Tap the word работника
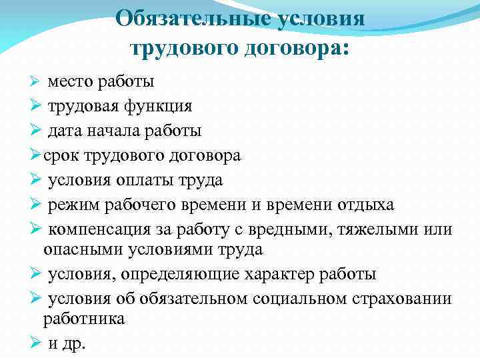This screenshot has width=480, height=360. [83, 319]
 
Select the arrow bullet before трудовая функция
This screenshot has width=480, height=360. [37, 107]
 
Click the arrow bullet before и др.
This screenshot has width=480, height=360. [37, 343]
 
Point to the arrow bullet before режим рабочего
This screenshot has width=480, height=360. [37, 205]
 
